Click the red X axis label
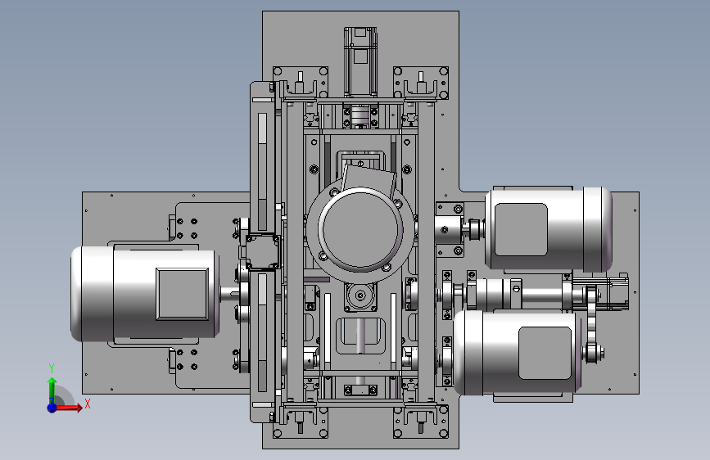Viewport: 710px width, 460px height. pyautogui.click(x=88, y=404)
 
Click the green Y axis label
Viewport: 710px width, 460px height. pyautogui.click(x=52, y=368)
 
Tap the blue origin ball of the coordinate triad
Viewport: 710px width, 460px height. pyautogui.click(x=52, y=408)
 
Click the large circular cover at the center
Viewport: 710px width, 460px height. pyautogui.click(x=360, y=228)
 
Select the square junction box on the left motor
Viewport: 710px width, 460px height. pyautogui.click(x=183, y=294)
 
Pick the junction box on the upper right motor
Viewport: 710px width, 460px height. pyautogui.click(x=521, y=229)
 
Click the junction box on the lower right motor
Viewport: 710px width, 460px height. pyautogui.click(x=545, y=353)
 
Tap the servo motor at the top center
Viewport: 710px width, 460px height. pyautogui.click(x=360, y=61)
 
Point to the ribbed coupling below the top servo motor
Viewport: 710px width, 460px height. pyautogui.click(x=360, y=116)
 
